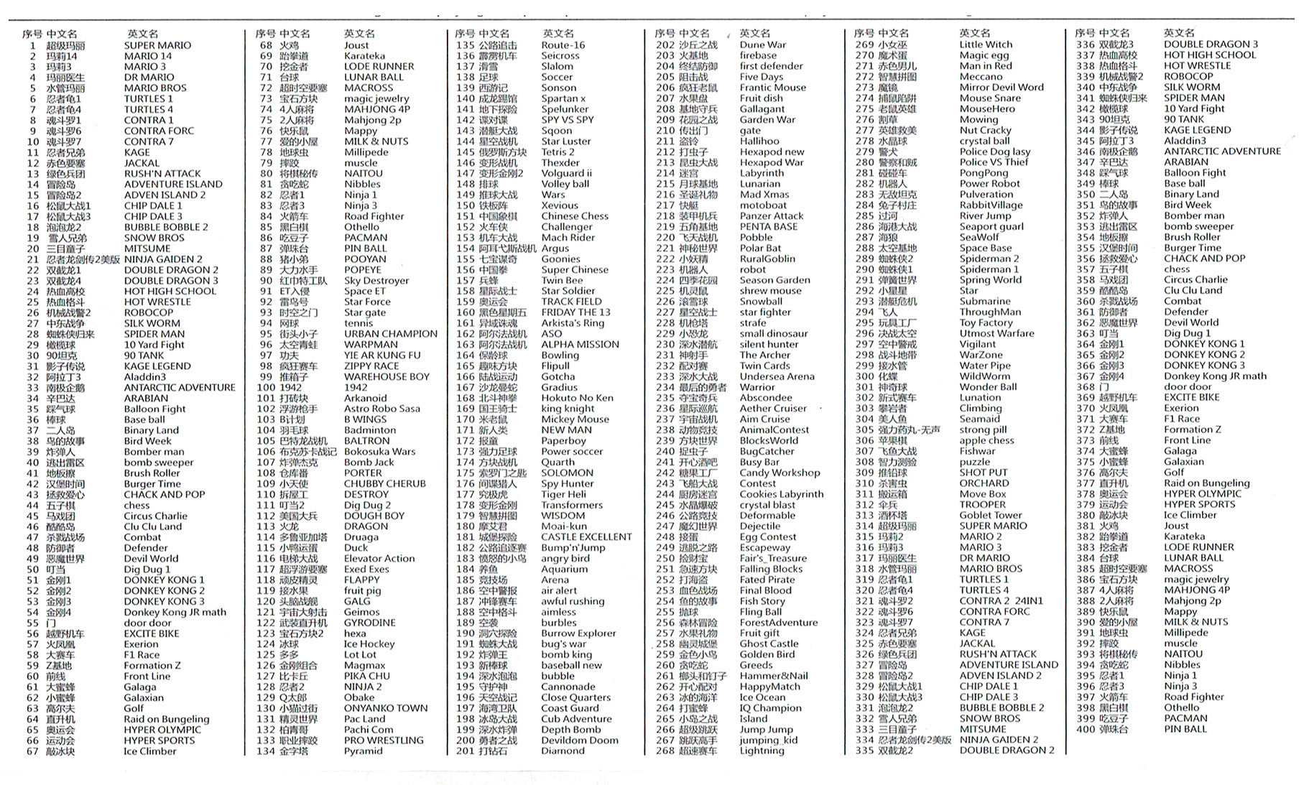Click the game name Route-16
tap(563, 45)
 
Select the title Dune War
tap(762, 45)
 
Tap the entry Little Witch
tap(985, 45)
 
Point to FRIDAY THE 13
tap(575, 312)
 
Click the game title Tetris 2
tap(558, 152)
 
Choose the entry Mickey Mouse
tap(575, 419)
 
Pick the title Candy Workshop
tap(780, 473)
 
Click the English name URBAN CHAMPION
tap(390, 334)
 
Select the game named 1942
tap(356, 387)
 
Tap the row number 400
tap(1085, 729)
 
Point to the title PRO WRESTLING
tap(383, 740)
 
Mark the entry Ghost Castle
tap(769, 644)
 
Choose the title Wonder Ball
tap(988, 386)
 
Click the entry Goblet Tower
tap(990, 515)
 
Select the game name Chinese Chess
tap(575, 216)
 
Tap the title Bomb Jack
tap(369, 463)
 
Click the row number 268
tap(665, 751)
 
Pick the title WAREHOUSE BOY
tap(387, 376)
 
